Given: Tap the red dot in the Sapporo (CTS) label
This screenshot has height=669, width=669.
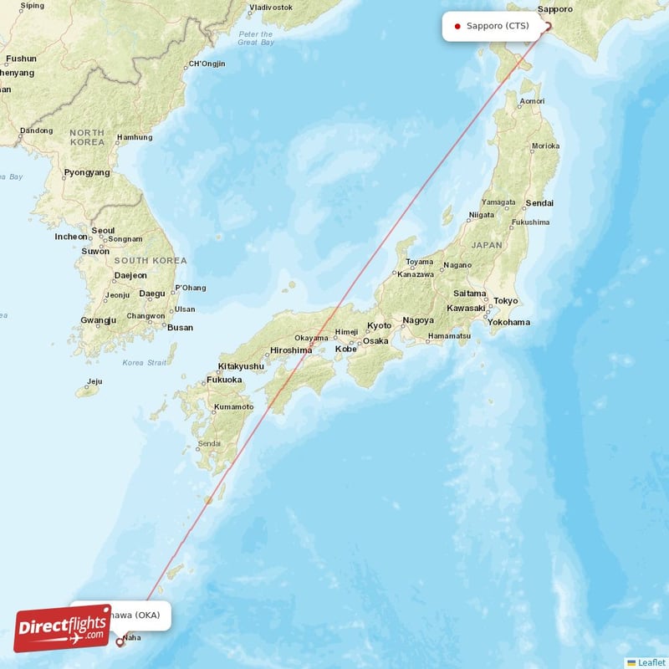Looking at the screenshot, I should tap(457, 26).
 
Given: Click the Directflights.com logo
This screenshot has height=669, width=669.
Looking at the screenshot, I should tap(63, 627).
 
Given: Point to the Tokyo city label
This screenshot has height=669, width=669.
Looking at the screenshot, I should tap(505, 301).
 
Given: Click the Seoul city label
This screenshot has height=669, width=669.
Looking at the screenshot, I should tap(103, 231).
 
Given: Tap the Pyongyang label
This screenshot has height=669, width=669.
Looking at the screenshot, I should tap(87, 173).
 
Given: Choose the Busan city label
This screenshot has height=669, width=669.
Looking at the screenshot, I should tap(180, 328).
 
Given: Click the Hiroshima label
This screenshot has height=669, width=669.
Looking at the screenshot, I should tap(291, 351).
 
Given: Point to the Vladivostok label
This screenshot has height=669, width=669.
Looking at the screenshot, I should tap(271, 7).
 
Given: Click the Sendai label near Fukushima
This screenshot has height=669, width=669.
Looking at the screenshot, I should tap(539, 203).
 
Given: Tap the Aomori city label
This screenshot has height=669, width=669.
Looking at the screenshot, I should tap(532, 102).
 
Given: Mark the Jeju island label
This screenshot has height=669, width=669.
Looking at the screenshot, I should tap(94, 381).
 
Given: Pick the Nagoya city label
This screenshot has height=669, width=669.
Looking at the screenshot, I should tap(418, 320).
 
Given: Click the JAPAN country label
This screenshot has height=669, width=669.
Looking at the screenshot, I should tap(487, 245).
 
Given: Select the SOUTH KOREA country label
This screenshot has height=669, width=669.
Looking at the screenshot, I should tap(151, 261).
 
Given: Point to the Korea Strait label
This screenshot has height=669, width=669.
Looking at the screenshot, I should tap(145, 363).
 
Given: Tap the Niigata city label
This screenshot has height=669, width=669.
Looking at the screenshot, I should tap(483, 215).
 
